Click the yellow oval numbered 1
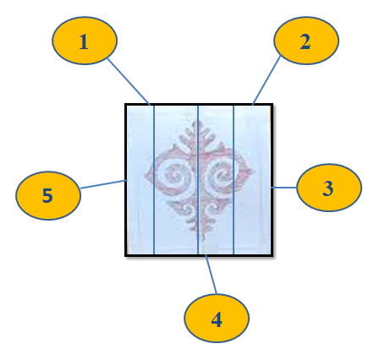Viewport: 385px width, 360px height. (x=85, y=41)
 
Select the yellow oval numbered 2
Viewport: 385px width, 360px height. (x=306, y=41)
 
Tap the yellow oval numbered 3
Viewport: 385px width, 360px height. (x=329, y=188)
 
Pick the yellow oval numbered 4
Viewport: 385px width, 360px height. (x=217, y=318)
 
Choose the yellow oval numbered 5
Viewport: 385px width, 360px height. (x=48, y=195)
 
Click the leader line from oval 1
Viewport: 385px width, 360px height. (x=129, y=81)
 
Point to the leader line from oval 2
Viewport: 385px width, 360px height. (x=267, y=80)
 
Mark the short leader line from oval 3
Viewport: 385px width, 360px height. (x=284, y=188)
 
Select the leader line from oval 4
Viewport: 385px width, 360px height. (x=211, y=275)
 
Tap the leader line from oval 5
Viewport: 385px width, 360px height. (x=103, y=184)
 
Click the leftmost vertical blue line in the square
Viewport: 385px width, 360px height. (x=154, y=180)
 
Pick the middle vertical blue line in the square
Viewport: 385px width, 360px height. (x=198, y=180)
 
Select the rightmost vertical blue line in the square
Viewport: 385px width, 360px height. (x=234, y=180)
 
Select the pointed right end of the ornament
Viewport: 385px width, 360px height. (x=251, y=172)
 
